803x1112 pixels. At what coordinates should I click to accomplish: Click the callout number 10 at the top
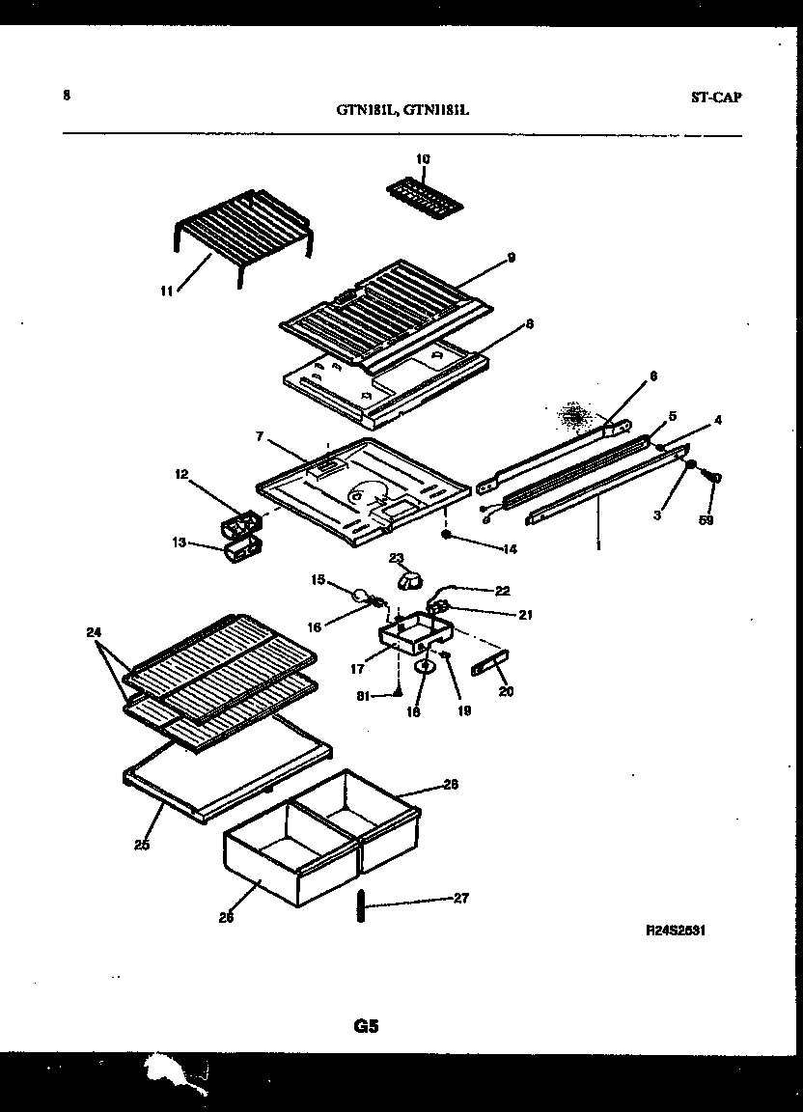[423, 158]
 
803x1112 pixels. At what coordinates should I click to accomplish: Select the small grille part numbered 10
[425, 197]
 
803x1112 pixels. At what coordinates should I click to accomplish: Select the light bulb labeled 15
[360, 597]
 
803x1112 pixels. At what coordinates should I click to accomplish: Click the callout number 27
[460, 899]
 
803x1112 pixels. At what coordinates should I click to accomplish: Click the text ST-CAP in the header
[716, 97]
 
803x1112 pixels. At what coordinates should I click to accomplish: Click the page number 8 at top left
[67, 95]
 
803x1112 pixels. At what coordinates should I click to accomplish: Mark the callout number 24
[92, 634]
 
